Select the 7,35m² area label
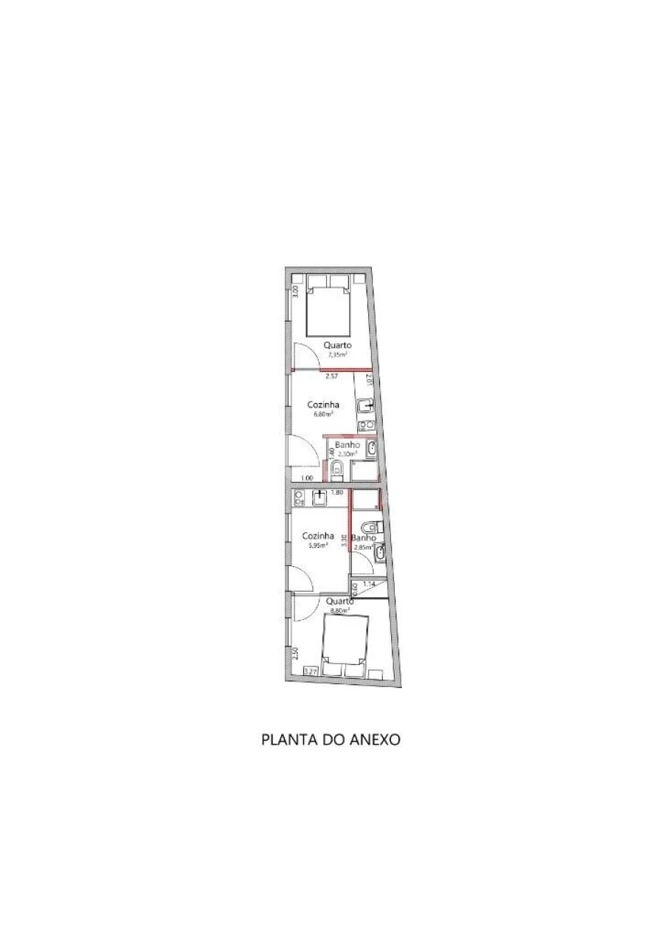pos(337,354)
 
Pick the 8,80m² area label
pos(339,610)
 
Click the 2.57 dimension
pos(331,376)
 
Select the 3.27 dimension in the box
pos(311,671)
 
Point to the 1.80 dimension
pos(337,492)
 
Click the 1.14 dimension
pos(369,584)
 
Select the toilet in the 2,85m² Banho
pos(374,527)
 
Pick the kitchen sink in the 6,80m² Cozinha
pos(364,405)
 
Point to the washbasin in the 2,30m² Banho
pos(373,449)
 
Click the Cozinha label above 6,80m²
pos(323,404)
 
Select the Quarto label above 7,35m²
pos(337,345)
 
